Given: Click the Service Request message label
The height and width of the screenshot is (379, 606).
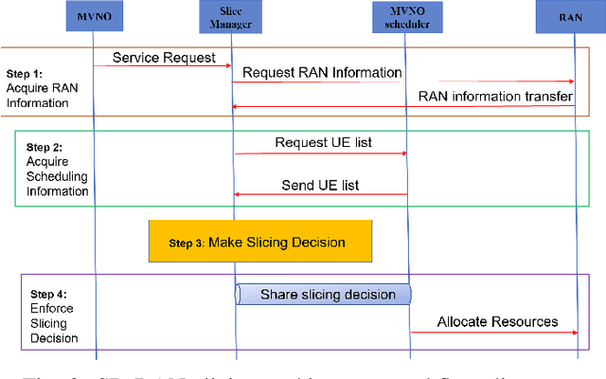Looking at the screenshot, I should tap(162, 57).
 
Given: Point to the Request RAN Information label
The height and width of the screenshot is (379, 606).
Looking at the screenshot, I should tap(321, 73).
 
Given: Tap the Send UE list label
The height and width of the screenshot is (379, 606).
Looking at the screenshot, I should tap(321, 185).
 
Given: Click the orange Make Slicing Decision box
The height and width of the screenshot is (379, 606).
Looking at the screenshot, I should tap(259, 242).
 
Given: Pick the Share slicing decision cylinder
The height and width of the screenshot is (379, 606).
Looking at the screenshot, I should tap(323, 295).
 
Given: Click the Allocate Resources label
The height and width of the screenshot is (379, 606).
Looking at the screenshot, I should tap(497, 321).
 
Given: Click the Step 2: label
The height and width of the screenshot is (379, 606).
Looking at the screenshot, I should tap(44, 147).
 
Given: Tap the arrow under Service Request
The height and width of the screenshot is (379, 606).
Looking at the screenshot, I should tap(162, 66).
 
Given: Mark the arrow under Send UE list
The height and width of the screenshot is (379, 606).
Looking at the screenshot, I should tap(321, 195).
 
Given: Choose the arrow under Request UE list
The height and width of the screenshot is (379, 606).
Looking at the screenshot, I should tap(321, 153).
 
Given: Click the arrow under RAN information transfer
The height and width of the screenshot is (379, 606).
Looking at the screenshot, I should tap(404, 106).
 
